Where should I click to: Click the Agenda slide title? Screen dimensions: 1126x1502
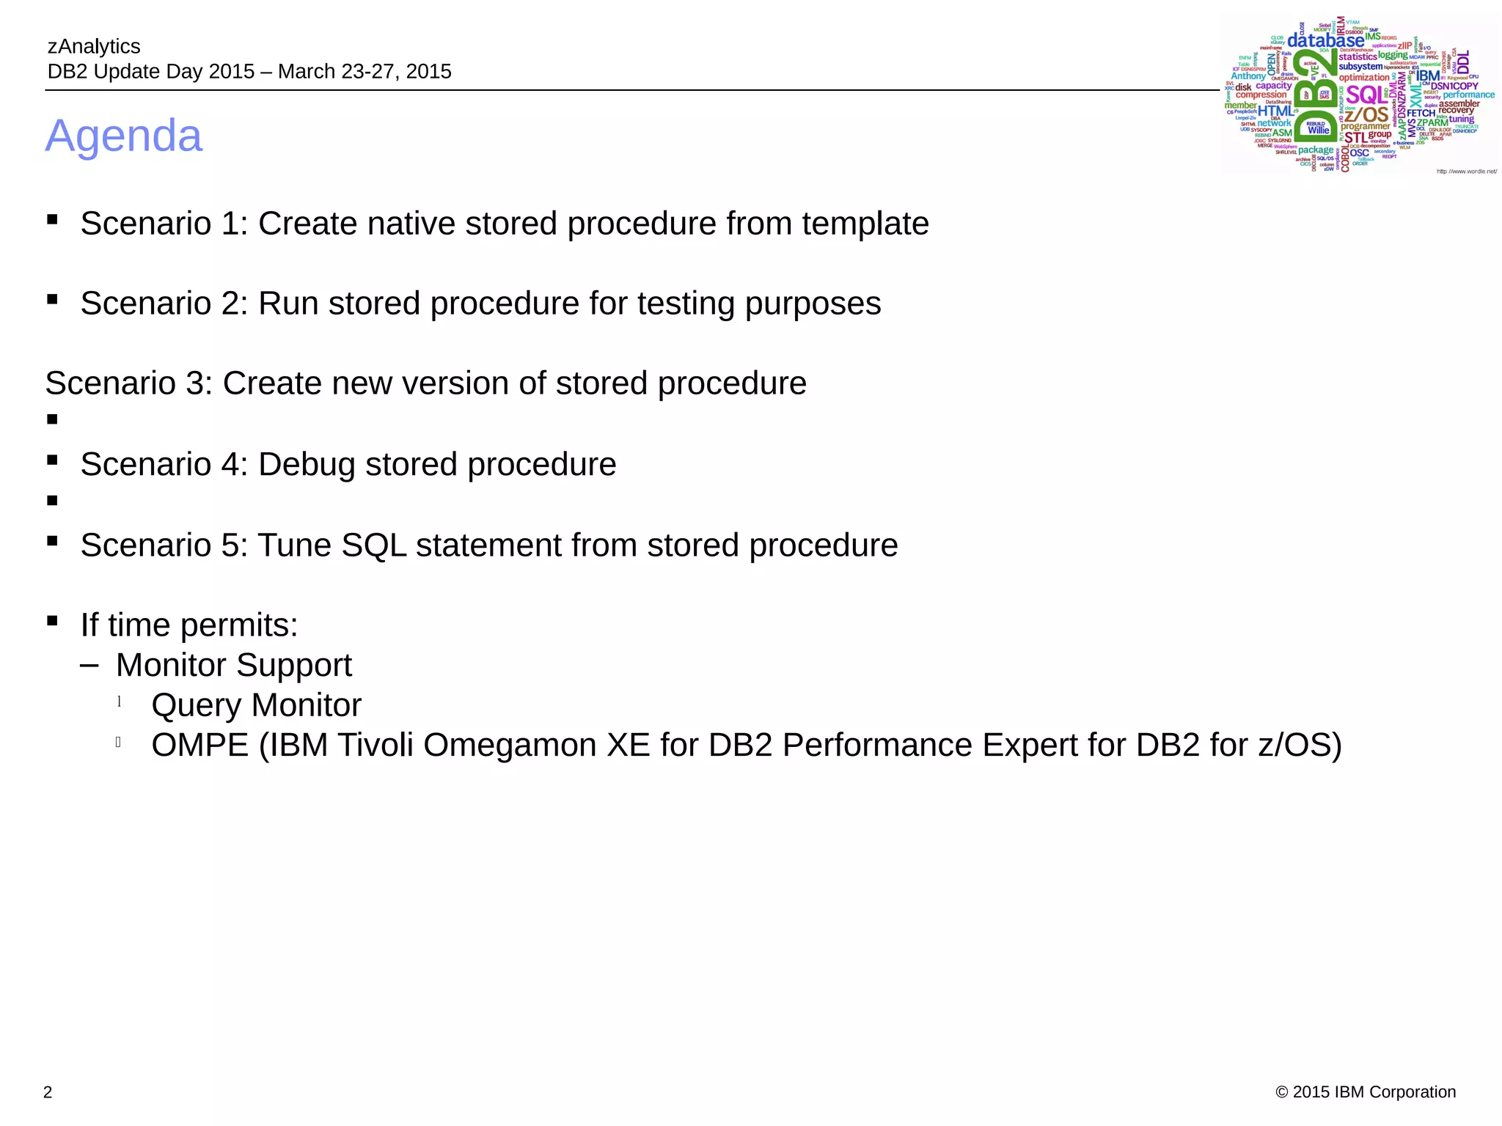click(123, 136)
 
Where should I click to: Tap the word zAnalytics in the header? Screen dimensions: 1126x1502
click(94, 46)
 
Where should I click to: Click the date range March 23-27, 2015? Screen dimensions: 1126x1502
click(364, 71)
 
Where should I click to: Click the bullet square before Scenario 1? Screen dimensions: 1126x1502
click(52, 219)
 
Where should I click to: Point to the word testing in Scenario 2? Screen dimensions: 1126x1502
click(685, 303)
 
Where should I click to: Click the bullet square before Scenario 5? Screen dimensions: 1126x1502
click(52, 541)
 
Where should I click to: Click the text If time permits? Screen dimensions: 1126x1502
click(189, 625)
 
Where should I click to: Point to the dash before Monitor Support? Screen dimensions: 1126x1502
click(89, 665)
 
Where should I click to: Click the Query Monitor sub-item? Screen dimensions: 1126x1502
click(256, 705)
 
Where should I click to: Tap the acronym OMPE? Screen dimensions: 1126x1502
click(199, 746)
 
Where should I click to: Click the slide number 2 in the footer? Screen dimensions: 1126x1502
click(48, 1092)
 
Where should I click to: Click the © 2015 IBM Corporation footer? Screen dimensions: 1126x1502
click(1366, 1092)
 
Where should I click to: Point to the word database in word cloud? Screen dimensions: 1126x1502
click(1325, 41)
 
